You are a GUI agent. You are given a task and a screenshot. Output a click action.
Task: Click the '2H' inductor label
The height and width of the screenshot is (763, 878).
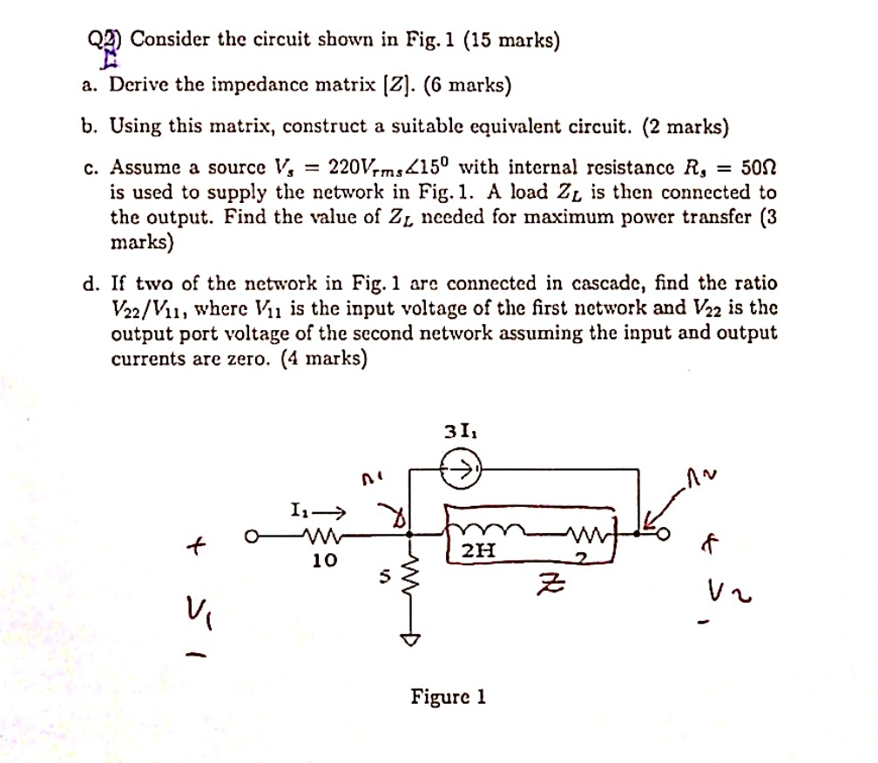point(478,550)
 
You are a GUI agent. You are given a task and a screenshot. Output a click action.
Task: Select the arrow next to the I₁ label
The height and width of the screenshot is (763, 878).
point(334,510)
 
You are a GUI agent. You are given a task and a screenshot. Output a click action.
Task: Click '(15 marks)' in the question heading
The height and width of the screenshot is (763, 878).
point(511,40)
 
